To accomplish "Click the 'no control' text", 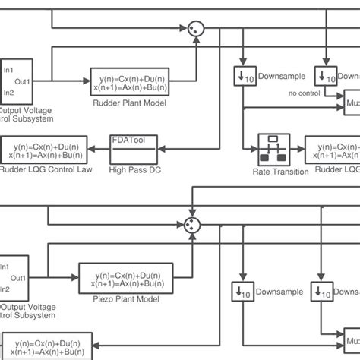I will click(x=304, y=93).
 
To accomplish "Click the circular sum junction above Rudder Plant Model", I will click(x=197, y=27).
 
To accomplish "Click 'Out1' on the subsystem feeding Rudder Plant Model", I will click(x=23, y=81).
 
